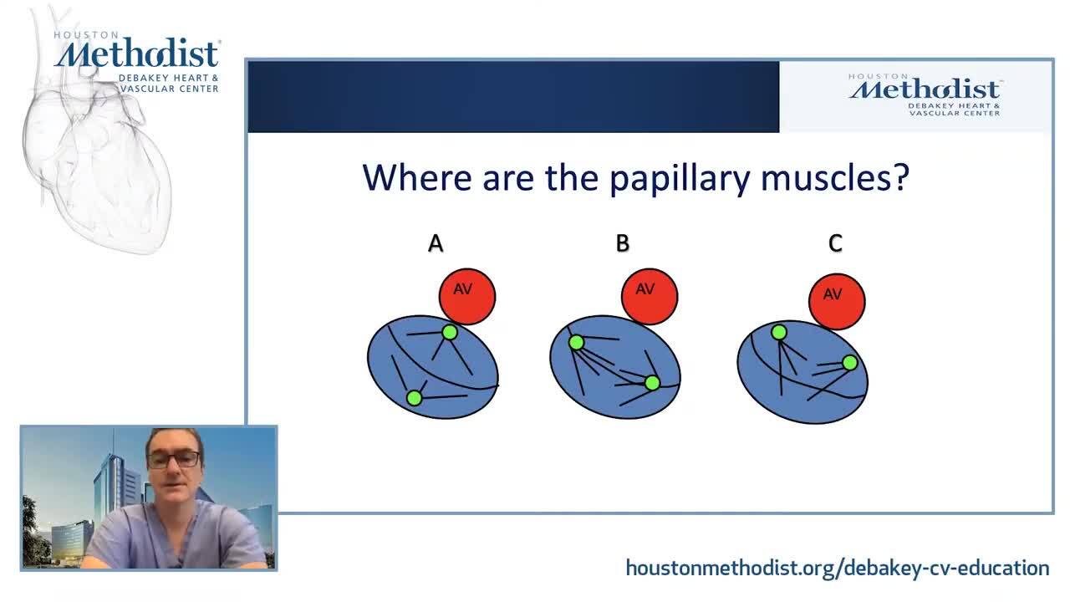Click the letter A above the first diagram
(x=436, y=243)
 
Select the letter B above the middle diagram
(x=623, y=243)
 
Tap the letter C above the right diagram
(x=835, y=243)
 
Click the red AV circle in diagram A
(x=467, y=297)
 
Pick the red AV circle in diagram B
(x=650, y=297)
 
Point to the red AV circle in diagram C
(x=837, y=302)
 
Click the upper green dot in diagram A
(x=450, y=332)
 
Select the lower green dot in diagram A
(x=414, y=397)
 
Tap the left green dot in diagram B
(x=577, y=342)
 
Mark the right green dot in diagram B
(x=653, y=383)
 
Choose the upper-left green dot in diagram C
(x=779, y=332)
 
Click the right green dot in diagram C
(x=850, y=363)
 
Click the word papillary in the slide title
(x=680, y=179)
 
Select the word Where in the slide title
(x=417, y=178)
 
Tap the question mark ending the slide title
(x=900, y=176)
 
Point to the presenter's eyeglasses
(x=173, y=459)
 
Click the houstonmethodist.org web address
(x=838, y=568)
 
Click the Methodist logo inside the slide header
(x=925, y=95)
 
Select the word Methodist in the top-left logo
(x=138, y=54)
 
